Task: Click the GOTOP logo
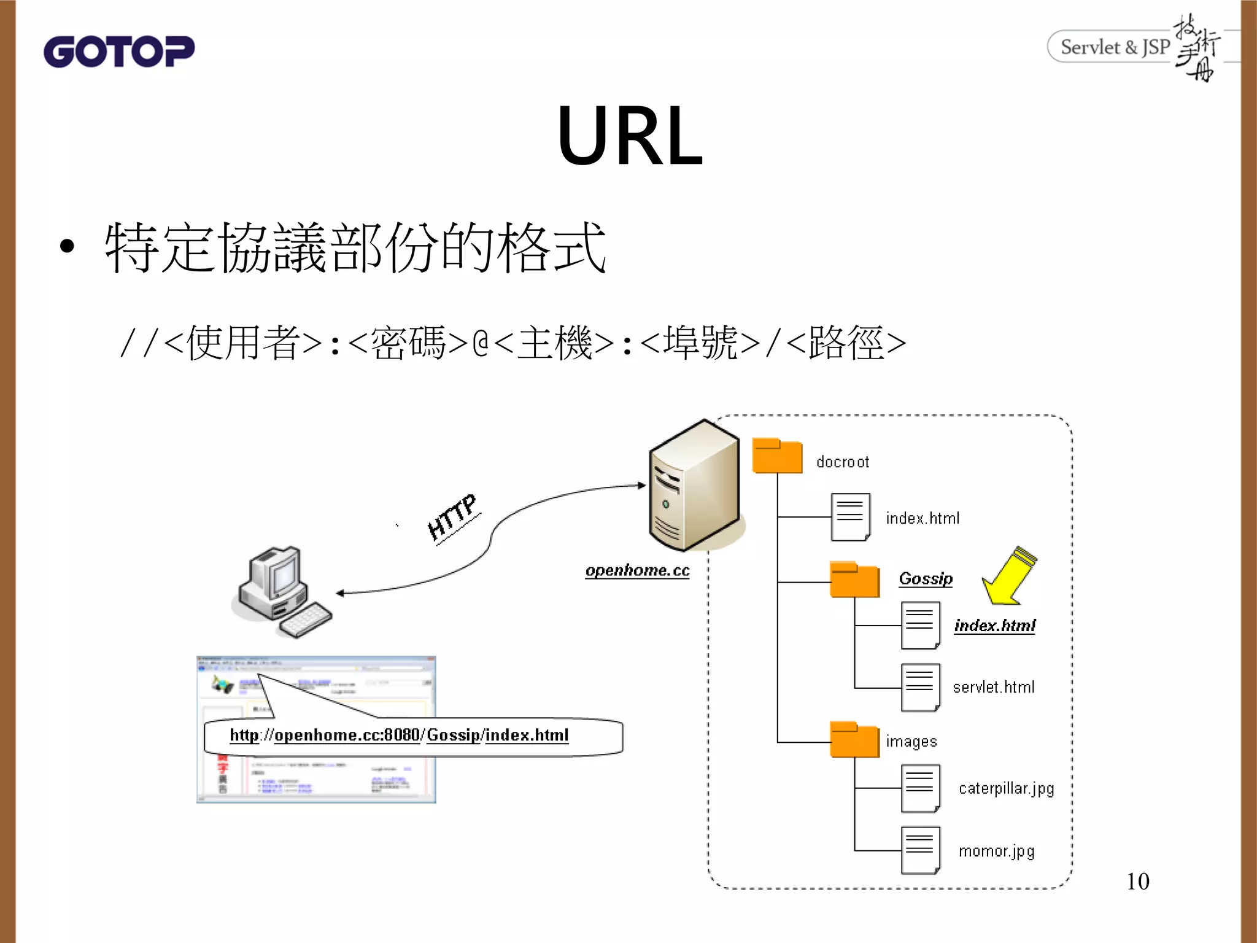click(x=119, y=52)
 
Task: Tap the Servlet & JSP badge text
click(x=1115, y=47)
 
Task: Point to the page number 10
click(x=1137, y=882)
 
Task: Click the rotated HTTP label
click(x=452, y=518)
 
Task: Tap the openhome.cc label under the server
click(x=637, y=570)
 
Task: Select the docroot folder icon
click(x=777, y=456)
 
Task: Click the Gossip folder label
click(x=926, y=578)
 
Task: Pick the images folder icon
click(x=854, y=740)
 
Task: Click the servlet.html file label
click(x=993, y=687)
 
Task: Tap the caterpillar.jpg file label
click(x=1006, y=788)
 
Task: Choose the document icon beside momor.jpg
click(x=920, y=850)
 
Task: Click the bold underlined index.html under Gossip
click(x=994, y=626)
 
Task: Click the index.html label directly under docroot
click(x=922, y=518)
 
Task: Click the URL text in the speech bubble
click(x=399, y=735)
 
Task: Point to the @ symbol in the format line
click(x=481, y=343)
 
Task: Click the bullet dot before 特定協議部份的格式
click(x=67, y=247)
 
